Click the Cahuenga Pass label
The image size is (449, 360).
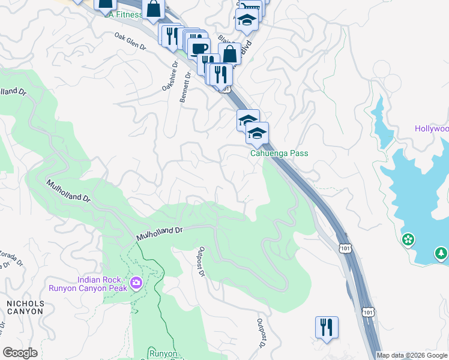tap(279, 154)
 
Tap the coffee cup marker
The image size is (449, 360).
tap(199, 48)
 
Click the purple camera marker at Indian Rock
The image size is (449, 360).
tap(136, 283)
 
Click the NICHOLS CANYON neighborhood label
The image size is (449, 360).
tap(25, 308)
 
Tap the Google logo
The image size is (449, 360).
tap(20, 353)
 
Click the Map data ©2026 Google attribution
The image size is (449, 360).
tap(412, 355)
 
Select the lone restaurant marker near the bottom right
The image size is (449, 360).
tap(327, 327)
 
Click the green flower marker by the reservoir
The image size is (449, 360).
tap(409, 240)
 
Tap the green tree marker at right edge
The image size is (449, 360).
tap(442, 254)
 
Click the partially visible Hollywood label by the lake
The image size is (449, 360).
tap(432, 129)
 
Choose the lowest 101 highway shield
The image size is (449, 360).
tap(369, 311)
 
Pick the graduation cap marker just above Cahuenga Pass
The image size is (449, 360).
tap(257, 133)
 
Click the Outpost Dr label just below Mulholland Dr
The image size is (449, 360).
tap(202, 262)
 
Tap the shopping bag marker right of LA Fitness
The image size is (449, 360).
tap(154, 8)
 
